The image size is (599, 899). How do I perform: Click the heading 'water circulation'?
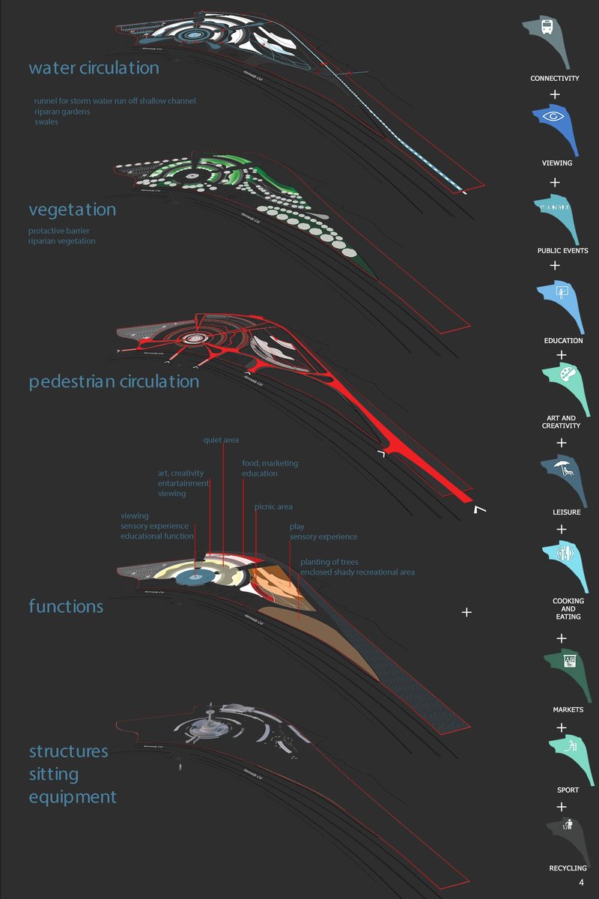(94, 68)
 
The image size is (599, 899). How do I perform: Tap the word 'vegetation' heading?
(72, 210)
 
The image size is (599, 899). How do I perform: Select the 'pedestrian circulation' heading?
(114, 381)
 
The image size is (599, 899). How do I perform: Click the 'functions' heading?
(66, 605)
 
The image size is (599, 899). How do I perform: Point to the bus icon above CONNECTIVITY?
(547, 28)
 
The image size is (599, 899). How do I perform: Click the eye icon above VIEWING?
(555, 117)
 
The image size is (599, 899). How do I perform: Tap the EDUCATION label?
(563, 341)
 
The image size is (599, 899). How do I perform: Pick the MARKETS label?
(563, 709)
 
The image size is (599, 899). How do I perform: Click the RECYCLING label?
(568, 868)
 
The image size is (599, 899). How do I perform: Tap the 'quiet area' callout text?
(221, 440)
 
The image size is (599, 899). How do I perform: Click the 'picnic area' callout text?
(273, 507)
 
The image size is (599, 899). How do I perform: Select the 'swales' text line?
(46, 121)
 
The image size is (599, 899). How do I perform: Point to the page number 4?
(581, 883)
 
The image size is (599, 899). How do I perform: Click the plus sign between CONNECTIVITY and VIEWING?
(555, 94)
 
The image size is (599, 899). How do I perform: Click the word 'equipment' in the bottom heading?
(73, 796)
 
